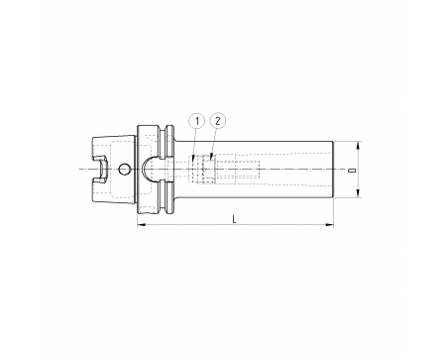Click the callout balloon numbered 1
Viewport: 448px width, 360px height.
(x=197, y=122)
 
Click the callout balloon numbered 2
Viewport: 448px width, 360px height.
(x=217, y=121)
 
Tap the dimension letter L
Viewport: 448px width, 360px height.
(x=234, y=219)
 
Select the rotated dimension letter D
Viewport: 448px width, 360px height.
(x=353, y=171)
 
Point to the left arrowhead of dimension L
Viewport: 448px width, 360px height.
(x=141, y=225)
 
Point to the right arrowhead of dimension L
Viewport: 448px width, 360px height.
(x=329, y=225)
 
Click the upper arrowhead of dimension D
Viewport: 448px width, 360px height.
(x=359, y=146)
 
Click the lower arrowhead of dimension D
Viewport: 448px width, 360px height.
(x=359, y=193)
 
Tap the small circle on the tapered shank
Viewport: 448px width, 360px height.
(x=124, y=170)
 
